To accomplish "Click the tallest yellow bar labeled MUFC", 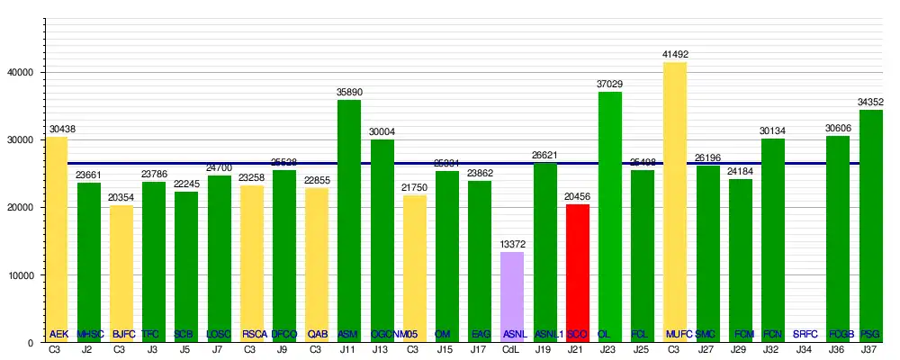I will [675, 202].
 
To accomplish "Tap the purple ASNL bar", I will [512, 297].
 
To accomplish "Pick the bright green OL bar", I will [610, 216].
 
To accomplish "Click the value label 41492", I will [675, 55].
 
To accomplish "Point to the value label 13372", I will [512, 245].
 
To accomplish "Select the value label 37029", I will [610, 85].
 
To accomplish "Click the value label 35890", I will [349, 93].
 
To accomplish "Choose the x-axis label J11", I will [349, 349].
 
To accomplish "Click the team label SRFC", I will [805, 334].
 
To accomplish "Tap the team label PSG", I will [870, 334].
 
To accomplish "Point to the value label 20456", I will [578, 197].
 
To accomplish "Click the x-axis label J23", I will [610, 349].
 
